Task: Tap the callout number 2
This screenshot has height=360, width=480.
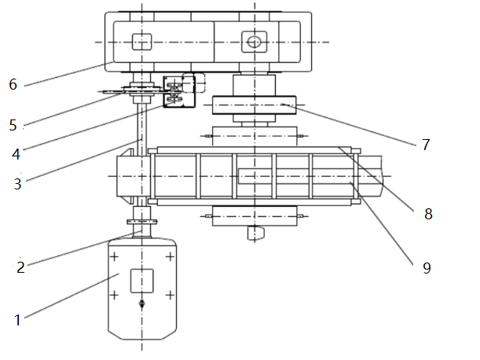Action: (x=21, y=266)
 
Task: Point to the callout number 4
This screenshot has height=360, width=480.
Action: (x=16, y=153)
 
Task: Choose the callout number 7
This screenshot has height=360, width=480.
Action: (x=426, y=145)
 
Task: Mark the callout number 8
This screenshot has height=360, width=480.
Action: (x=427, y=213)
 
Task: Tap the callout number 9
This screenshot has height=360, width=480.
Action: (x=427, y=268)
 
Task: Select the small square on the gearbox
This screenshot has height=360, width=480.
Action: (x=141, y=42)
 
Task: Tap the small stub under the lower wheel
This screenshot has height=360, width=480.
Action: (x=255, y=233)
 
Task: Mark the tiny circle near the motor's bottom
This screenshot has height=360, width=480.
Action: (x=141, y=304)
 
